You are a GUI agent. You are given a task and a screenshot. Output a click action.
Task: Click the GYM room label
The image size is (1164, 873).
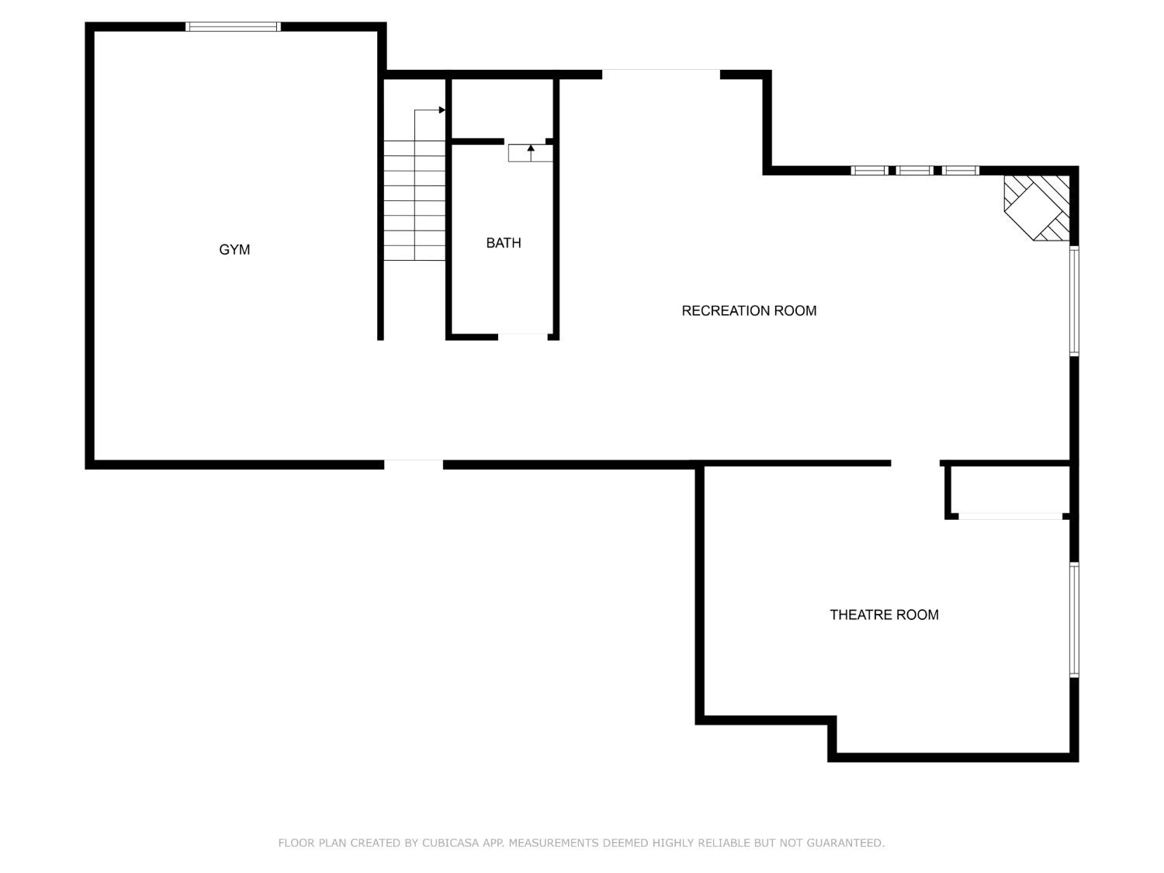tap(234, 250)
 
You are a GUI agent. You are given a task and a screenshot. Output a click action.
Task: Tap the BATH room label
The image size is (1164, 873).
tap(503, 243)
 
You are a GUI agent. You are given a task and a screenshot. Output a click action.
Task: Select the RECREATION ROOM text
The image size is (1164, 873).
tap(749, 310)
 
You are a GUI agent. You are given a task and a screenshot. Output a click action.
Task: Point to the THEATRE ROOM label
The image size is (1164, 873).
tap(884, 615)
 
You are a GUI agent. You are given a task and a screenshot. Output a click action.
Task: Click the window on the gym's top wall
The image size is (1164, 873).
tap(233, 26)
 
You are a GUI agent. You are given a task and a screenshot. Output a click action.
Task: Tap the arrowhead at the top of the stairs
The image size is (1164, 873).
tap(442, 110)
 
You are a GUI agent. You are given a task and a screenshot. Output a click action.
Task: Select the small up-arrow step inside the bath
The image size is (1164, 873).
tap(531, 152)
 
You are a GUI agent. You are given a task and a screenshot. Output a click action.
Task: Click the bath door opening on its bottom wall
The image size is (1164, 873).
tap(523, 336)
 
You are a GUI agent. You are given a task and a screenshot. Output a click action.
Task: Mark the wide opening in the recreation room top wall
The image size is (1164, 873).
tap(661, 74)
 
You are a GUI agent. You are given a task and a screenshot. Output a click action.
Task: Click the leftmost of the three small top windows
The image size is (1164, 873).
tap(869, 171)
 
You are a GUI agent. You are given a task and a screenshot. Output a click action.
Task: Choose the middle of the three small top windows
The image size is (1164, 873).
tap(915, 171)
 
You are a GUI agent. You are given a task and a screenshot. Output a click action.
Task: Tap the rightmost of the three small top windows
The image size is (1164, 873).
tap(961, 171)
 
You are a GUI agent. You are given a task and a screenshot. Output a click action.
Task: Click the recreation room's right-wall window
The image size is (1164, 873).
tap(1075, 300)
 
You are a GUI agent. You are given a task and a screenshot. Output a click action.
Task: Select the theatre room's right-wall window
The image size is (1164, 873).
tap(1075, 620)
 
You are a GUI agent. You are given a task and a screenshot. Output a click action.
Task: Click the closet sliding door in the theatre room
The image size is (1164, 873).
tap(1010, 516)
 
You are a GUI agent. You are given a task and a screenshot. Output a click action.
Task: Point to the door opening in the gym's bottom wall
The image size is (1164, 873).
tap(414, 465)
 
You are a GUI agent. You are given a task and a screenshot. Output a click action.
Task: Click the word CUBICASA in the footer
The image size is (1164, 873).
tap(451, 843)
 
